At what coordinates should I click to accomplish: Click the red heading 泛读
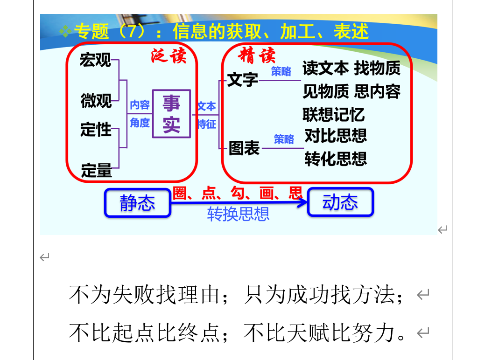pyautogui.click(x=169, y=55)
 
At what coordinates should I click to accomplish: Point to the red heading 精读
pyautogui.click(x=257, y=55)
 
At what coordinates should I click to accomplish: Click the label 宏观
pyautogui.click(x=95, y=60)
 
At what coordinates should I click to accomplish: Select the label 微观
pyautogui.click(x=96, y=100)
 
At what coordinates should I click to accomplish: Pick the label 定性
pyautogui.click(x=96, y=129)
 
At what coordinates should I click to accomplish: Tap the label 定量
pyautogui.click(x=96, y=170)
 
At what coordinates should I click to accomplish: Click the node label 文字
pyautogui.click(x=243, y=80)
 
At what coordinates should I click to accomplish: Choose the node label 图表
pyautogui.click(x=244, y=148)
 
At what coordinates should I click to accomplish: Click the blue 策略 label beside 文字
pyautogui.click(x=281, y=71)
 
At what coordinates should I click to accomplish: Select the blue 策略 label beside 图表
pyautogui.click(x=284, y=139)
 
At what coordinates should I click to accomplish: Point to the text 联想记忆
pyautogui.click(x=333, y=115)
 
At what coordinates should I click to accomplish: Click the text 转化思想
pyautogui.click(x=336, y=159)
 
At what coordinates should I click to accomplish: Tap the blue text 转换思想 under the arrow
pyautogui.click(x=238, y=214)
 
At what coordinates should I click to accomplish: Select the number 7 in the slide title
pyautogui.click(x=132, y=31)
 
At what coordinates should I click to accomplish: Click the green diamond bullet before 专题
pyautogui.click(x=65, y=31)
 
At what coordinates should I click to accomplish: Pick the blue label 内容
pyautogui.click(x=140, y=105)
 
